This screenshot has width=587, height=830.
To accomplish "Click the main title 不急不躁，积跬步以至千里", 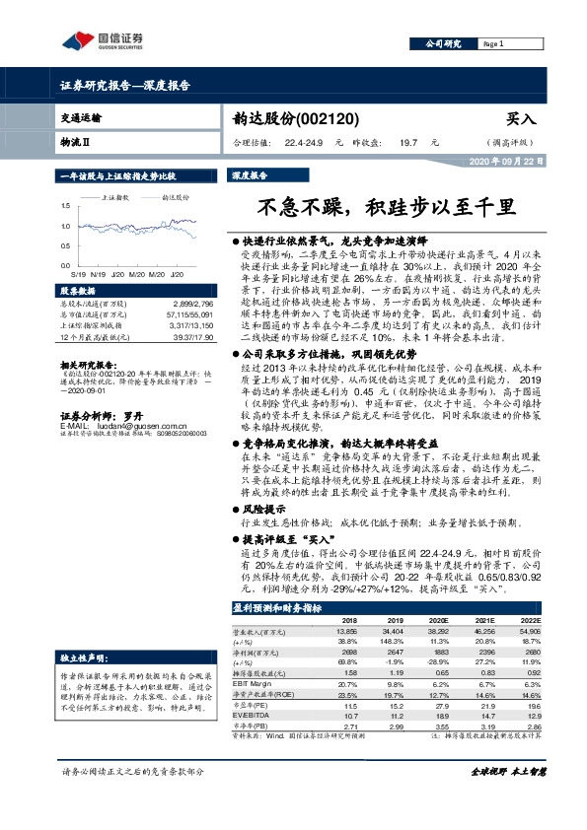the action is click(x=386, y=208).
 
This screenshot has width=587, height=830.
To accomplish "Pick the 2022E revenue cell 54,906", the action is click(x=558, y=631).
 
